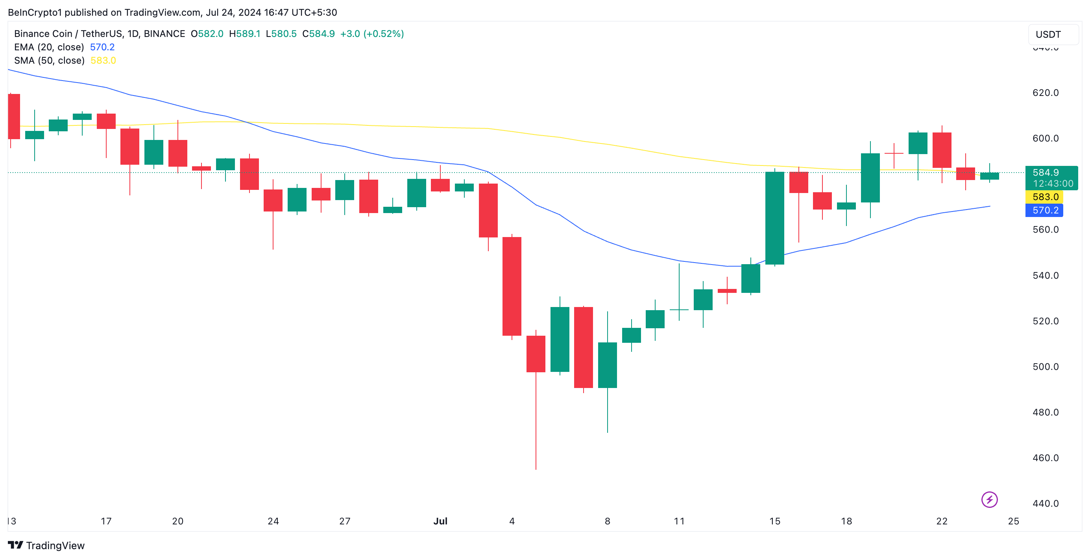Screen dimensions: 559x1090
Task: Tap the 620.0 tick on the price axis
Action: pyautogui.click(x=1045, y=93)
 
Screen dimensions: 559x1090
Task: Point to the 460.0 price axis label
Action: pyautogui.click(x=1045, y=458)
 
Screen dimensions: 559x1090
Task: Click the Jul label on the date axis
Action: pyautogui.click(x=440, y=521)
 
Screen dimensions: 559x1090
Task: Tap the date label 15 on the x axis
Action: pyautogui.click(x=774, y=521)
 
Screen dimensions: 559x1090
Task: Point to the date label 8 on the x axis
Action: pyautogui.click(x=607, y=521)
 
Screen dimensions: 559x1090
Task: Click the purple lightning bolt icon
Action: pyautogui.click(x=989, y=499)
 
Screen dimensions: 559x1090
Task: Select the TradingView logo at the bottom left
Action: pyautogui.click(x=46, y=546)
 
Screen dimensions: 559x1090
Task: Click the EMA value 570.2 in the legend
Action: pyautogui.click(x=102, y=47)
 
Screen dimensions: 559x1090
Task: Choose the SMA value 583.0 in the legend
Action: pyautogui.click(x=103, y=61)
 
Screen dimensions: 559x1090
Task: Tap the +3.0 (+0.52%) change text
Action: pyautogui.click(x=371, y=33)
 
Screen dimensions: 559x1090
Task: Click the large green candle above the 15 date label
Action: pyautogui.click(x=774, y=218)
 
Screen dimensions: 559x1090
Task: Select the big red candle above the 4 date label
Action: pyautogui.click(x=512, y=286)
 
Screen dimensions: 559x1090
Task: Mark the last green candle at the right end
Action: pyautogui.click(x=989, y=176)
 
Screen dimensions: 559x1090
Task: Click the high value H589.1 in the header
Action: pyautogui.click(x=245, y=33)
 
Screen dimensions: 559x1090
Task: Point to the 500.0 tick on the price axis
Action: pyautogui.click(x=1045, y=367)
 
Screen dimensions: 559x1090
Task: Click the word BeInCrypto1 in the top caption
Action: pyautogui.click(x=35, y=12)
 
